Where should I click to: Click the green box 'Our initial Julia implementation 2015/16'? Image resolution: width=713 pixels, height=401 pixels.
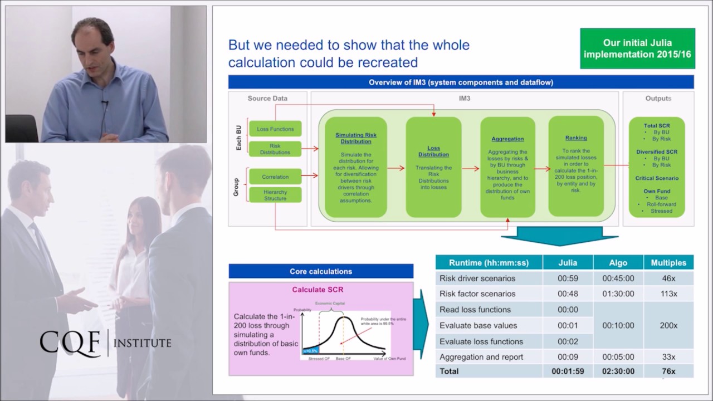click(x=637, y=48)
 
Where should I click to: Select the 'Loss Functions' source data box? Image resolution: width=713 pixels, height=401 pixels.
click(x=275, y=129)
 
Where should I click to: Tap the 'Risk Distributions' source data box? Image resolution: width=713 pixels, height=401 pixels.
click(x=275, y=149)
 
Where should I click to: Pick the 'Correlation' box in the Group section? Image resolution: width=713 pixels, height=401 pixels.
click(x=275, y=177)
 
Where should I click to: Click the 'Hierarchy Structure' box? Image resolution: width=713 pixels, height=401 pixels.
click(x=275, y=195)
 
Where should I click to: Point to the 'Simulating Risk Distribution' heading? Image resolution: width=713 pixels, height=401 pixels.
click(x=356, y=138)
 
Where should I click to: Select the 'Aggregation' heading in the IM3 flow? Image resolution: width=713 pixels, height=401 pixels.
click(x=507, y=139)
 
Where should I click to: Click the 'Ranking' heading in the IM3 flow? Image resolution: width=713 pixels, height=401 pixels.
click(x=575, y=138)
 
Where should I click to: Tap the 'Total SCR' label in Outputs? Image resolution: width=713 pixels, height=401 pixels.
click(x=657, y=126)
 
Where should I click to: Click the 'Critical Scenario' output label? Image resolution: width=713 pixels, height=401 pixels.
click(x=657, y=178)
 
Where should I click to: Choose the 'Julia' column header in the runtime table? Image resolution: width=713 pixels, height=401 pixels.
click(x=568, y=262)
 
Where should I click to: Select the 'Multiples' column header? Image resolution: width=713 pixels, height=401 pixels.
click(x=668, y=262)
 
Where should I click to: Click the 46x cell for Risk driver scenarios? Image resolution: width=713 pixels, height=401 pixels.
click(x=668, y=278)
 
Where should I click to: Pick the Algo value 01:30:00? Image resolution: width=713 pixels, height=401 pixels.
click(x=618, y=294)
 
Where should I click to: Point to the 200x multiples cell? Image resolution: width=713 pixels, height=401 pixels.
click(x=668, y=325)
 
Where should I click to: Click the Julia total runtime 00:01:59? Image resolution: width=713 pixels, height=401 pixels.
click(x=568, y=371)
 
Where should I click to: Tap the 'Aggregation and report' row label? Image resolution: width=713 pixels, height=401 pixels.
click(x=481, y=357)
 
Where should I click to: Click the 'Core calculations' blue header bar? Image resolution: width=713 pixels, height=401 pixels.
click(x=321, y=271)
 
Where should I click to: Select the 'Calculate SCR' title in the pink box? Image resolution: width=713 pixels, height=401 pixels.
click(x=318, y=290)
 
